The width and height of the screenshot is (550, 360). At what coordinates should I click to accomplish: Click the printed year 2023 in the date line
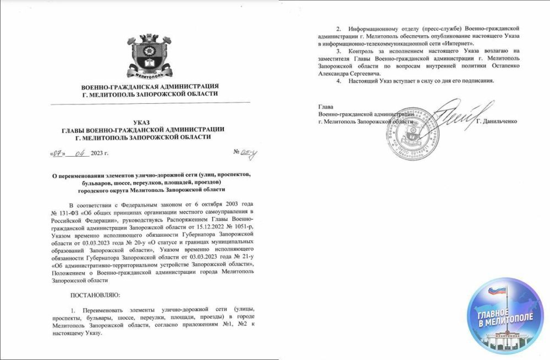coord(98,154)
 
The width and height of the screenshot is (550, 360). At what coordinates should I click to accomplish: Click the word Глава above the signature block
coord(326,106)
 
